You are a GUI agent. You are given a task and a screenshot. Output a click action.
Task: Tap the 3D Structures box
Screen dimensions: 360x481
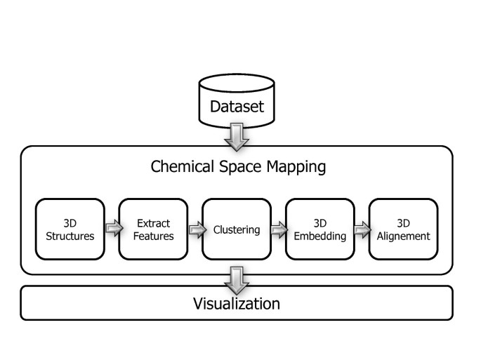pyautogui.click(x=70, y=229)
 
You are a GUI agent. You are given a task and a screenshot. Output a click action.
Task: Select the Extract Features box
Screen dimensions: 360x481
pyautogui.click(x=153, y=229)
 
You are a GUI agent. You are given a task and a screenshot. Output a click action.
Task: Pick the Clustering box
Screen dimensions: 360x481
pyautogui.click(x=237, y=229)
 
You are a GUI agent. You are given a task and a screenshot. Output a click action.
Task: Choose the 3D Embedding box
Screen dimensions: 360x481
pyautogui.click(x=319, y=229)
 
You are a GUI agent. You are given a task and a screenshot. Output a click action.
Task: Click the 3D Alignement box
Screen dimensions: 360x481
pyautogui.click(x=403, y=229)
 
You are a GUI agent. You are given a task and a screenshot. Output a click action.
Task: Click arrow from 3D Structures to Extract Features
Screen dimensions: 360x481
pyautogui.click(x=112, y=228)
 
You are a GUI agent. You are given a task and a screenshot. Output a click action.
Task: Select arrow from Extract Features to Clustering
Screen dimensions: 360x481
pyautogui.click(x=195, y=228)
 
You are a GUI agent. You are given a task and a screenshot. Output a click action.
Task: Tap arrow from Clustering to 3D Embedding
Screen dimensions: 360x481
pyautogui.click(x=278, y=228)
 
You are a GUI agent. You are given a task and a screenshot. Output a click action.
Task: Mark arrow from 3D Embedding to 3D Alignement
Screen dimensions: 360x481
pyautogui.click(x=361, y=228)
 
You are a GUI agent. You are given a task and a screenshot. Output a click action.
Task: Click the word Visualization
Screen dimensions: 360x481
pyautogui.click(x=237, y=304)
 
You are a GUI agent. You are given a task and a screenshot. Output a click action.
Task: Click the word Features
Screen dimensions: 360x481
pyautogui.click(x=153, y=236)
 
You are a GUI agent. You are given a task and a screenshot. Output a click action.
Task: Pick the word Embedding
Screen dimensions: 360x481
pyautogui.click(x=319, y=236)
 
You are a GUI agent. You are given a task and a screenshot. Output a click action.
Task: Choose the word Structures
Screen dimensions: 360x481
pyautogui.click(x=70, y=236)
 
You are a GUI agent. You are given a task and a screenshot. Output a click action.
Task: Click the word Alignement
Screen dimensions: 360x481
pyautogui.click(x=403, y=236)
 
